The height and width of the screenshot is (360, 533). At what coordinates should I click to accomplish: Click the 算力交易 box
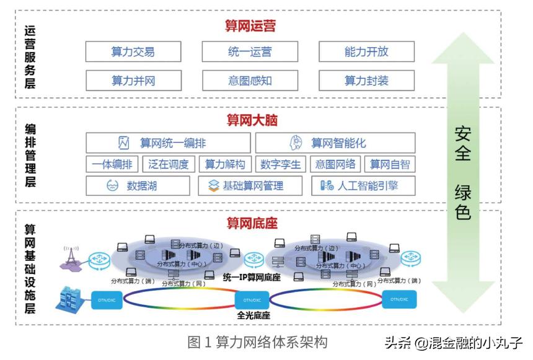point(133,52)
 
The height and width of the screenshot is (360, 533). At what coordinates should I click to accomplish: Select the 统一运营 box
point(250,52)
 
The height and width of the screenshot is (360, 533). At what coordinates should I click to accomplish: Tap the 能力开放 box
point(366,52)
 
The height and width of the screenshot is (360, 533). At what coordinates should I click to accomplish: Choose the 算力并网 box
point(133,81)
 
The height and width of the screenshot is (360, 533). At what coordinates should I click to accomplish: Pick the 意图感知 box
point(250,81)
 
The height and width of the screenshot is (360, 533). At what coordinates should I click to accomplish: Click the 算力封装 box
point(366,81)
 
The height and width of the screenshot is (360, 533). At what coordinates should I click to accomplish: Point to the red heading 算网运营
point(250,26)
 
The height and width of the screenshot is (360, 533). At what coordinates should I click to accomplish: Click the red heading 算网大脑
point(252,120)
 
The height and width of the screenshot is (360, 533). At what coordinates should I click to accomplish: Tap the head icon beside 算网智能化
point(296,143)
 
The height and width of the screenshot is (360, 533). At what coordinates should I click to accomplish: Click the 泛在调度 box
point(169,164)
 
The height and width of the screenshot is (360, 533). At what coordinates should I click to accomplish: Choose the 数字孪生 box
point(280,164)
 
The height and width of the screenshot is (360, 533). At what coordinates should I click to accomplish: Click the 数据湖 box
point(138,185)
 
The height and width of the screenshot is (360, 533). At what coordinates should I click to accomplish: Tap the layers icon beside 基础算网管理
point(214,185)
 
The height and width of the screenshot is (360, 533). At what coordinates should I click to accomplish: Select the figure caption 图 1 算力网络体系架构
point(257,342)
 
